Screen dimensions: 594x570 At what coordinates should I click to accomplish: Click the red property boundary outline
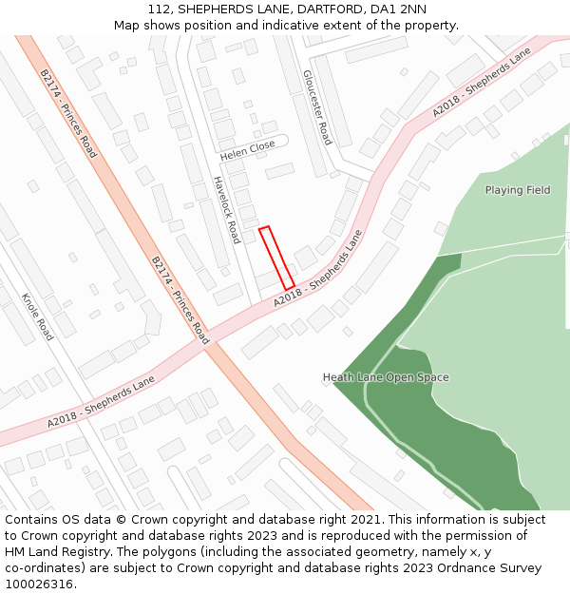[x=276, y=258]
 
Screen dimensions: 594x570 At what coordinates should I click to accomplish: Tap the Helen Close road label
[x=247, y=148]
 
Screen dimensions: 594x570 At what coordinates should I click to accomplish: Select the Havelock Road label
[x=226, y=209]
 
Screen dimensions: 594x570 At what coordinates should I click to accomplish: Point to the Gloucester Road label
[x=317, y=106]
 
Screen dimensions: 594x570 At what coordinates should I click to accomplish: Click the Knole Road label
[x=37, y=317]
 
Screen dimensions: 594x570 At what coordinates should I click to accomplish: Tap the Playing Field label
[x=518, y=190]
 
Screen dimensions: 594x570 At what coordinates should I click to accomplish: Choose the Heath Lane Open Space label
[x=386, y=377]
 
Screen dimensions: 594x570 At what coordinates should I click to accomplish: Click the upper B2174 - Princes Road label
[x=68, y=113]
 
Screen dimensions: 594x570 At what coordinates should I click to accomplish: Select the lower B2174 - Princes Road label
[x=180, y=299]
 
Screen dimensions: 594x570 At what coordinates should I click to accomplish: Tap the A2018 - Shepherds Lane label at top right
[x=481, y=83]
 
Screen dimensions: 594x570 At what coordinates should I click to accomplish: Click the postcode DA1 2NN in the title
[x=400, y=10]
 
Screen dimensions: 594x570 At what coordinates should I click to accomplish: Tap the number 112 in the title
[x=159, y=10]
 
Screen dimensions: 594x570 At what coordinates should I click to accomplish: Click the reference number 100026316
[x=39, y=584]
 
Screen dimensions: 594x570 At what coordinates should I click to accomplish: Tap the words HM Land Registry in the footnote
[x=53, y=552]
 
